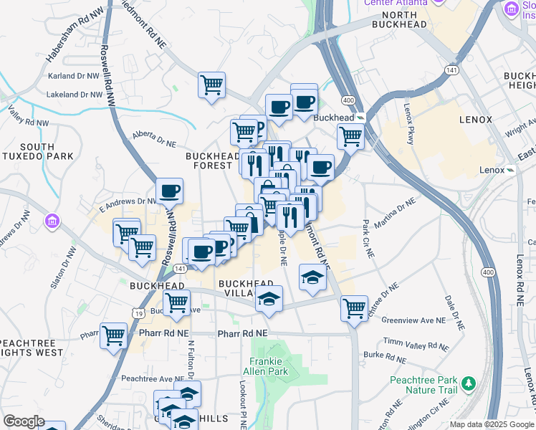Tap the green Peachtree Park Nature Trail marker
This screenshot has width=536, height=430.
pos(469,383)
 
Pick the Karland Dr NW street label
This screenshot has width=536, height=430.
pos(73,75)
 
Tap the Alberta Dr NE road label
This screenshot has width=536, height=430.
pos(155,135)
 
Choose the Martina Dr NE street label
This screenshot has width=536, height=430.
pos(395,214)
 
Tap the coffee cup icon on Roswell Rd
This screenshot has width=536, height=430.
pos(170,191)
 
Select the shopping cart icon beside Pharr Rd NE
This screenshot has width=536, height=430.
pos(113,335)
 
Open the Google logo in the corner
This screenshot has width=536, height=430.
pos(23,421)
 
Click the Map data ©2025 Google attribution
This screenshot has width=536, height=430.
pos(491,424)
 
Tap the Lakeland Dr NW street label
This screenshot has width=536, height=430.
pos(75,94)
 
